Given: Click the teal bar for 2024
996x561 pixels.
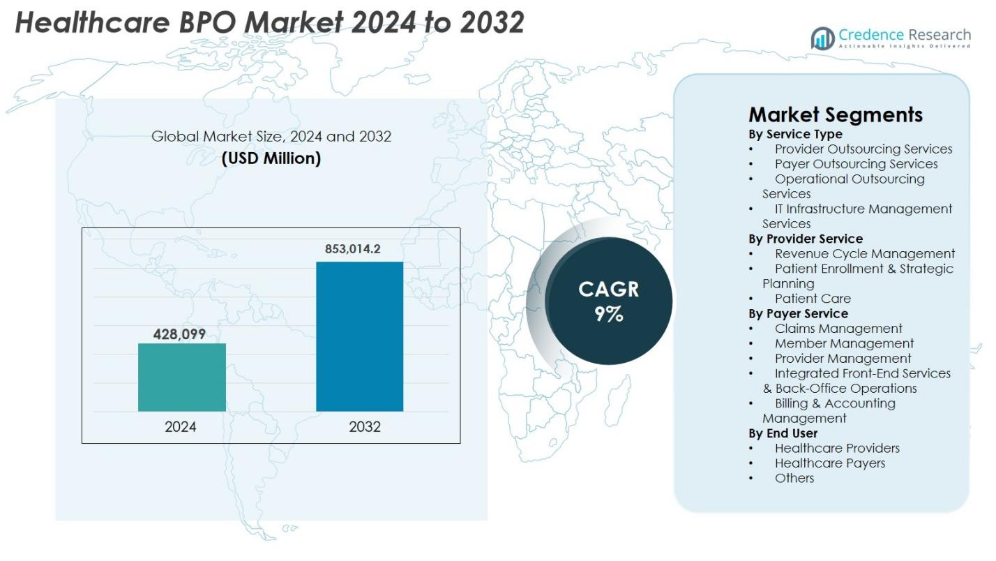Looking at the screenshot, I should pos(181,377).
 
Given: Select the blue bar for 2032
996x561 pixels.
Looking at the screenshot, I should pos(359,336).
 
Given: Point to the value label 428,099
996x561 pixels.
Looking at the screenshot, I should pos(179,334).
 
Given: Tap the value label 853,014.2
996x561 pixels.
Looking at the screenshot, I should pos(352,248).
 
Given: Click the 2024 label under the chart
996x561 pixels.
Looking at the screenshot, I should pos(181,427).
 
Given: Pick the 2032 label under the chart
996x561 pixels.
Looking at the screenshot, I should pos(365,427).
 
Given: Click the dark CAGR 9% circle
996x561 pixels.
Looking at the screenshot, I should pos(608,301).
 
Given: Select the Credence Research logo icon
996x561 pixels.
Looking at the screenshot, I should pos(823,38).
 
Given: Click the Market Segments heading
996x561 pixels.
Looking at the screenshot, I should pos(836,115).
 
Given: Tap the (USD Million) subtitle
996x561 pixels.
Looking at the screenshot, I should pos(271,158).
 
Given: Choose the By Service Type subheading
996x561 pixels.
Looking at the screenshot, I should pos(795,134).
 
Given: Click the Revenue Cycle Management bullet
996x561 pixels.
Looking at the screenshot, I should pos(864,253).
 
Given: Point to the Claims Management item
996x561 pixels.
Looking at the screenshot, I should pos(838,328).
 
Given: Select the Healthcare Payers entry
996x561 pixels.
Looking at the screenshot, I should pos(829,463).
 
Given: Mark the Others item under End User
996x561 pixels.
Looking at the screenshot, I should pos(794,478).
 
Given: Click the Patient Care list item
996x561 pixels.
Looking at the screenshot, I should pos(813,298).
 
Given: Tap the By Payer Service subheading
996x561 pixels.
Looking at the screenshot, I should pos(798,313).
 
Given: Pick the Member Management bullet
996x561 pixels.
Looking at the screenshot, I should pos(844,343).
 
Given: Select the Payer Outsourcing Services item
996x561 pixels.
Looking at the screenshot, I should pos(856,164).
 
